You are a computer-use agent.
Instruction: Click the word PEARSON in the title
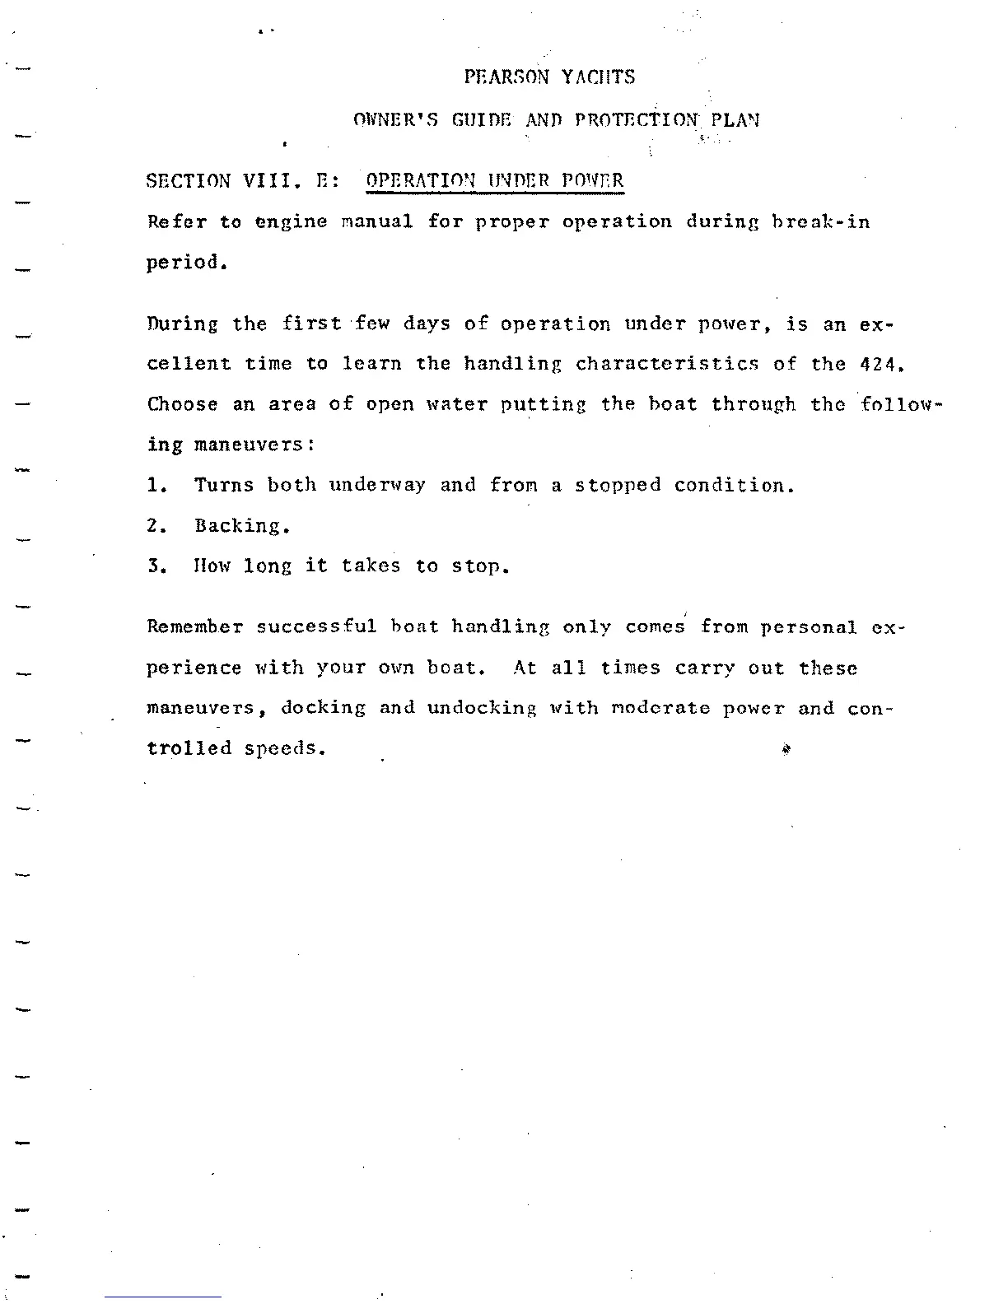tap(506, 77)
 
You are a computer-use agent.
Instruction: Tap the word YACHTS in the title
tap(599, 77)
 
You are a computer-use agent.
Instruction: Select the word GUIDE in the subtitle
tap(481, 120)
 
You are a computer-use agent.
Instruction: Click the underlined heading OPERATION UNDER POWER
tap(495, 181)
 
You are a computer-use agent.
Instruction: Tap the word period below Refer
tap(184, 263)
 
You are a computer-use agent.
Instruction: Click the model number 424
tap(876, 364)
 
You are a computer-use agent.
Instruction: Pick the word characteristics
tap(666, 364)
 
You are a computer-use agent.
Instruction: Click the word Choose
tap(183, 404)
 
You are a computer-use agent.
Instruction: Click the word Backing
tap(240, 526)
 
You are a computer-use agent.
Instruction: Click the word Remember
tap(194, 627)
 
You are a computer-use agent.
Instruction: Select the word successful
tap(316, 627)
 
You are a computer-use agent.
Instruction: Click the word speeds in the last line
tap(283, 749)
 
